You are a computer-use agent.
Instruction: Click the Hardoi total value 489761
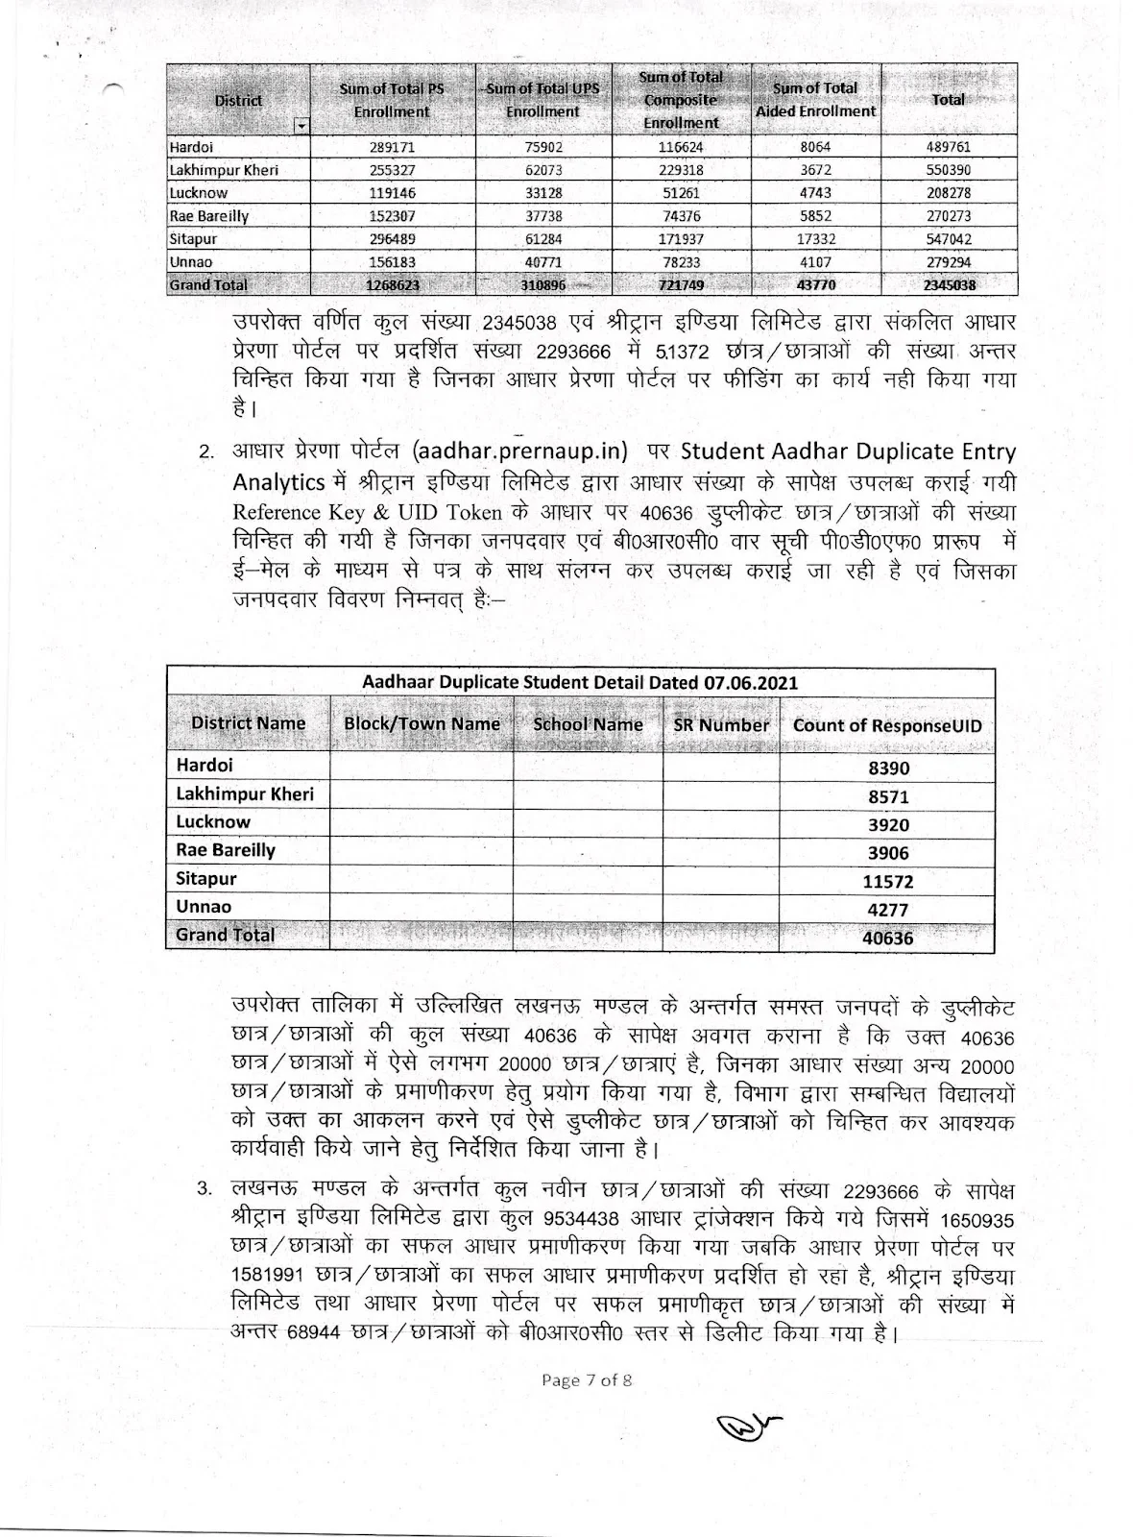point(949,148)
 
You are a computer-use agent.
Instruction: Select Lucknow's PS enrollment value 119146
point(392,193)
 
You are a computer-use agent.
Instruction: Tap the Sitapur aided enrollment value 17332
point(814,239)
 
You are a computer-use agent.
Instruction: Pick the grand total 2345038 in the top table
point(949,285)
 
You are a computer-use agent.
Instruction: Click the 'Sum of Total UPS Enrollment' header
point(542,100)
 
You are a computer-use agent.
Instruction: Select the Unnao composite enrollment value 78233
point(680,262)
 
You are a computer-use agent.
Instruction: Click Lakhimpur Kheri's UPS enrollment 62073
point(542,171)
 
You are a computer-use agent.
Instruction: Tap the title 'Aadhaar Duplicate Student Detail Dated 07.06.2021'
point(580,683)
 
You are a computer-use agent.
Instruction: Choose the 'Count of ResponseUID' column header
point(887,726)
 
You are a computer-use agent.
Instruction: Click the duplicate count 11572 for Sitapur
point(887,882)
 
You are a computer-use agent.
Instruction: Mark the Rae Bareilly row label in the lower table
point(226,851)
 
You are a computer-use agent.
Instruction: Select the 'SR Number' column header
point(721,726)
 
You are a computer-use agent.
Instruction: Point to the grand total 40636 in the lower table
point(887,939)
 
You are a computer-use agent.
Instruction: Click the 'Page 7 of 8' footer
point(586,1380)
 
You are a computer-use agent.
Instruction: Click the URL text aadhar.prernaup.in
point(518,451)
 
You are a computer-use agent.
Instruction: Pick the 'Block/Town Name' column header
point(422,724)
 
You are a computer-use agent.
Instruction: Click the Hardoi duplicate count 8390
point(887,768)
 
